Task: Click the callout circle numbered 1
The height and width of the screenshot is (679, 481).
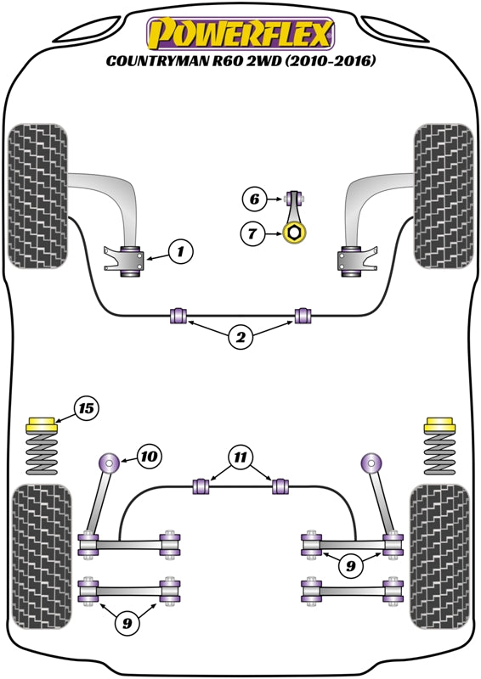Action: point(180,251)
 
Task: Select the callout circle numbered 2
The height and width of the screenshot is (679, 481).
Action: point(240,338)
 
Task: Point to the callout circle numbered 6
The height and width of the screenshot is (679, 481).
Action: point(253,200)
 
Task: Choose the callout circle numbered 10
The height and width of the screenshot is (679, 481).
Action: point(148,457)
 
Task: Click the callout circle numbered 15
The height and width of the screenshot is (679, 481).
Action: point(86,409)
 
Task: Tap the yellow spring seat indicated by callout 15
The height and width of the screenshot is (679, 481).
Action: point(41,424)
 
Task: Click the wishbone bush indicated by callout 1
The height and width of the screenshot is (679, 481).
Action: point(132,259)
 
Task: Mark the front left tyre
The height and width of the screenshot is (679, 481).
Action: point(38,196)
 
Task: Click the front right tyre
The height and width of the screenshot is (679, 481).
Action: point(443,196)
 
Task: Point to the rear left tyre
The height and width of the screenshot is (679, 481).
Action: point(37,556)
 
